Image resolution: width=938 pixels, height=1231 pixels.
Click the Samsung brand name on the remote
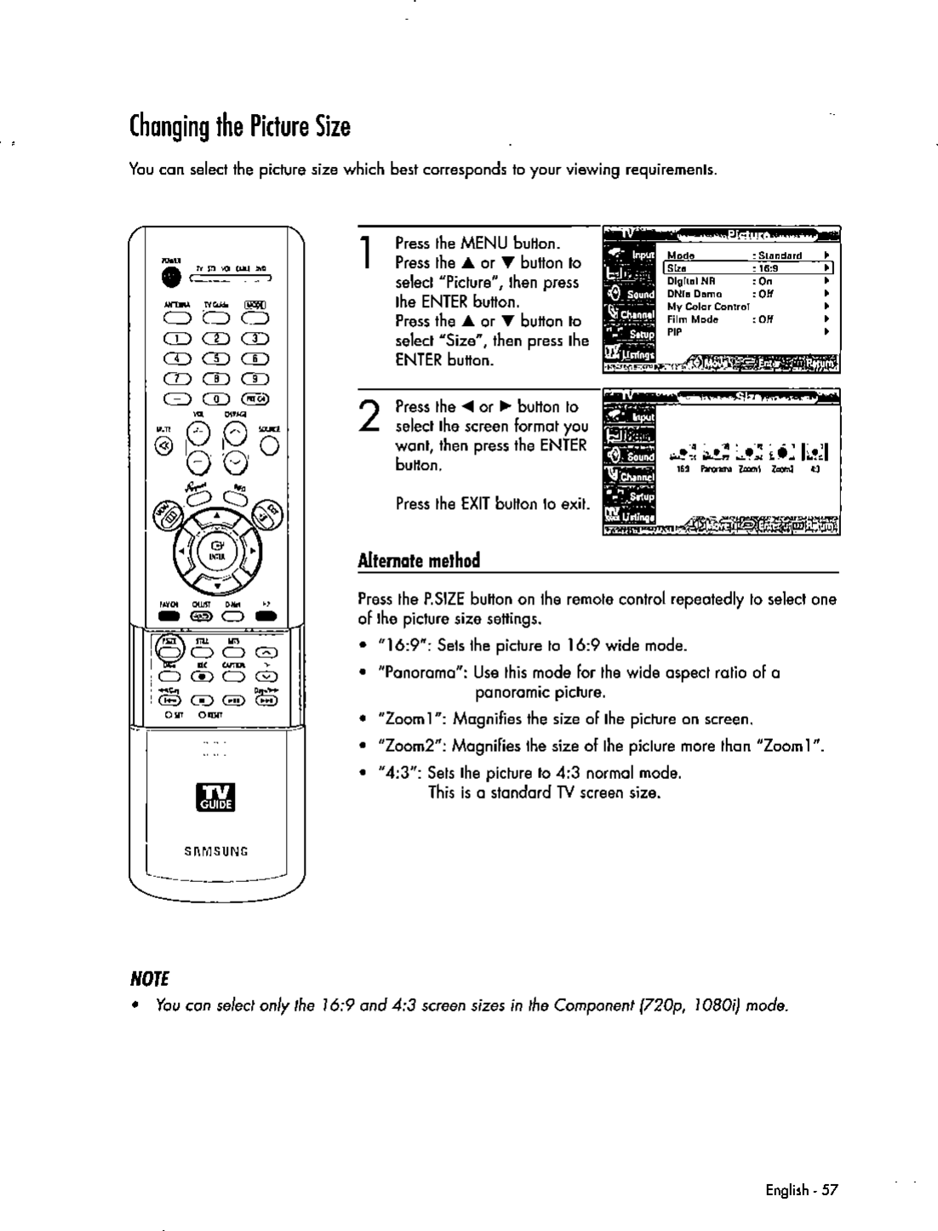[217, 850]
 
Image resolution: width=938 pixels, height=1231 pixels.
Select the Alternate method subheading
[419, 560]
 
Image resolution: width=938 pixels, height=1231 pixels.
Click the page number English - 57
[801, 1189]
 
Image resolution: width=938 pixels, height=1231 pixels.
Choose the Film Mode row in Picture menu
[693, 320]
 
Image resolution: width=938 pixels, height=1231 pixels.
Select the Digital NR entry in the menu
[691, 280]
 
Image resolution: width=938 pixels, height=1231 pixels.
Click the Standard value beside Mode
[780, 255]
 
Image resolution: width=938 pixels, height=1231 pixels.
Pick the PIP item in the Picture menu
[675, 331]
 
